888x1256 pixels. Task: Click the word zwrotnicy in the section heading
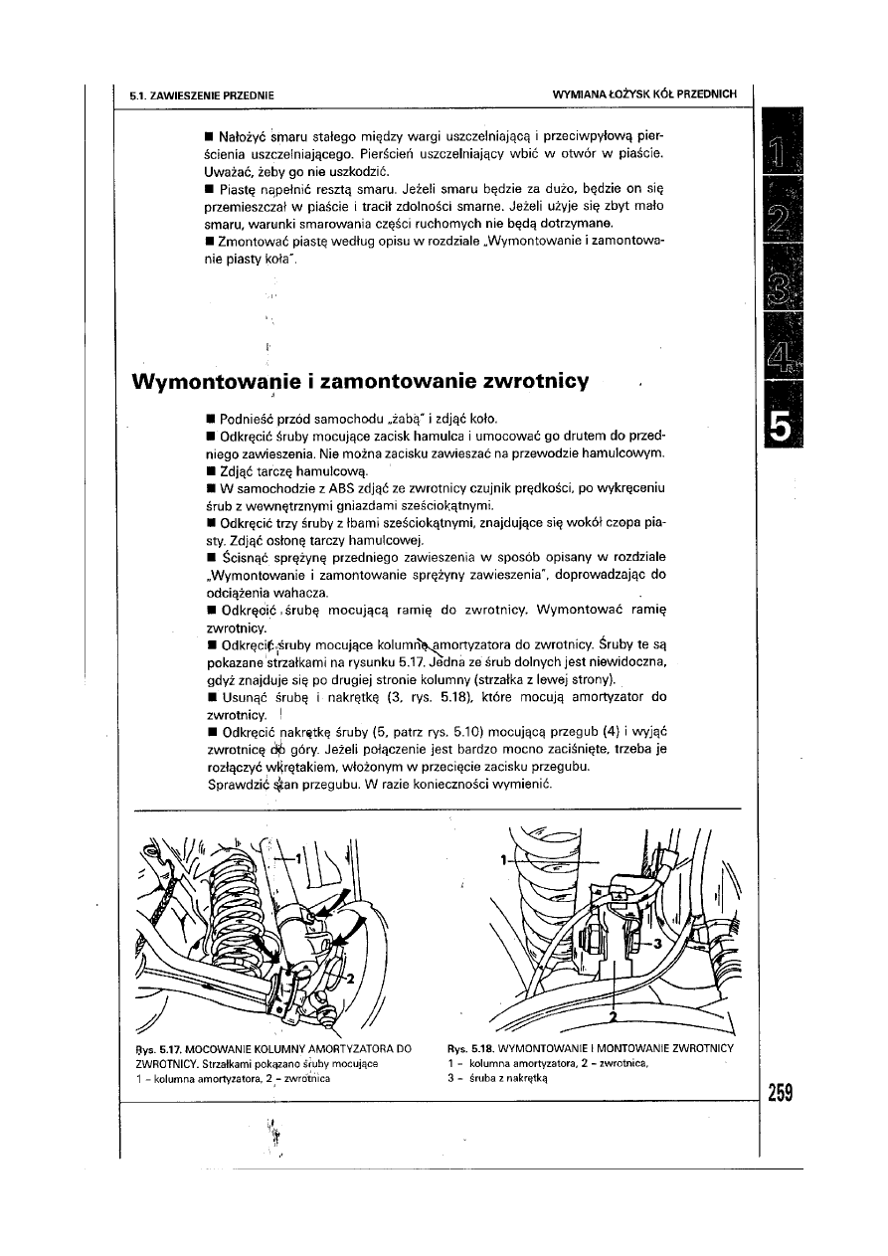point(536,382)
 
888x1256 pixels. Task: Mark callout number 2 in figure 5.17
point(349,979)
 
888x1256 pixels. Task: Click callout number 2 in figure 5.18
point(614,1017)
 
